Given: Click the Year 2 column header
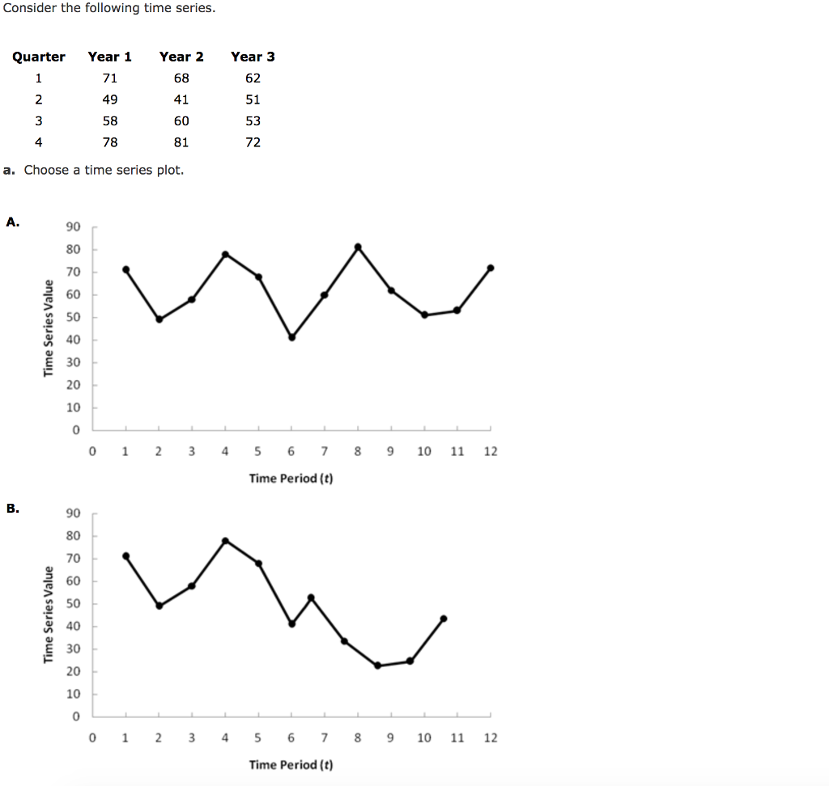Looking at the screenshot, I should coord(181,57).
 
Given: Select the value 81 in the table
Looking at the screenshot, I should coord(181,142).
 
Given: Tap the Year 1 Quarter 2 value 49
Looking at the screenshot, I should coord(110,99).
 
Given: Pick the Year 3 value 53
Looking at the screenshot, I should coord(253,121).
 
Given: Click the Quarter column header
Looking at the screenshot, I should coord(39,57).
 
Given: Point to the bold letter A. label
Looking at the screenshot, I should coord(13,222).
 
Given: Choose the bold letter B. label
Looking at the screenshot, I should coord(13,509).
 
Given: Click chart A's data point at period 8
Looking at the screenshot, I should coord(358,247).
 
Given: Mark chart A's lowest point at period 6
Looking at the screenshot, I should coord(292,337).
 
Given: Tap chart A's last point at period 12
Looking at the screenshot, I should coord(491,268).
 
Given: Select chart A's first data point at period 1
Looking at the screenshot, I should coord(125,269).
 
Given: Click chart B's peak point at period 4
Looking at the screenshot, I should coord(225,540).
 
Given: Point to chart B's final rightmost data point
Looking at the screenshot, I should coord(444,619).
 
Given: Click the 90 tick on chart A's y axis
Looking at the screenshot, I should coord(74,226).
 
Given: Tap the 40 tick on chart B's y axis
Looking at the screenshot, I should coord(74,626).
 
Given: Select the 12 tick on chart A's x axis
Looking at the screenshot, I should coord(491,451).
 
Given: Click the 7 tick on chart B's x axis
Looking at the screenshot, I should coord(324,737).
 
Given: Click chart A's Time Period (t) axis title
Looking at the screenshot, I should coord(291,479).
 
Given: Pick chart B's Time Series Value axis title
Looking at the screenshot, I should coord(49,615).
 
